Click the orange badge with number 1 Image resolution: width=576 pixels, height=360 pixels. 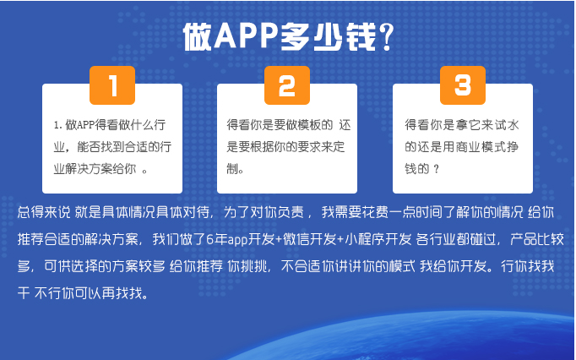(112, 85)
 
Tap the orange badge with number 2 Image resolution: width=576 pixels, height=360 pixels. (287, 85)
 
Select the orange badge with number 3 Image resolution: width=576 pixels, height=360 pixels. (463, 85)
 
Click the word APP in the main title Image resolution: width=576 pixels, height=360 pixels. (245, 36)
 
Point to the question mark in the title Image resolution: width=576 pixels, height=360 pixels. (386, 36)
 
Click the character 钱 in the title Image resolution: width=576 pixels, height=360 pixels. (361, 36)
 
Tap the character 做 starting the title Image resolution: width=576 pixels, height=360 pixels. (198, 36)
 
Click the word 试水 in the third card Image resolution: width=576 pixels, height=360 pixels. (507, 125)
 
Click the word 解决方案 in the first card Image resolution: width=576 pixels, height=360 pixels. (89, 169)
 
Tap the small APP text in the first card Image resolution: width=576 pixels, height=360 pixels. (86, 125)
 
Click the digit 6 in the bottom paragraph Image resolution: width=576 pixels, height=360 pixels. (209, 240)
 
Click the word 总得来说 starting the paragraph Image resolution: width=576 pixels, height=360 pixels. (44, 212)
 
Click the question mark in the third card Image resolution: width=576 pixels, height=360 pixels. (437, 169)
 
